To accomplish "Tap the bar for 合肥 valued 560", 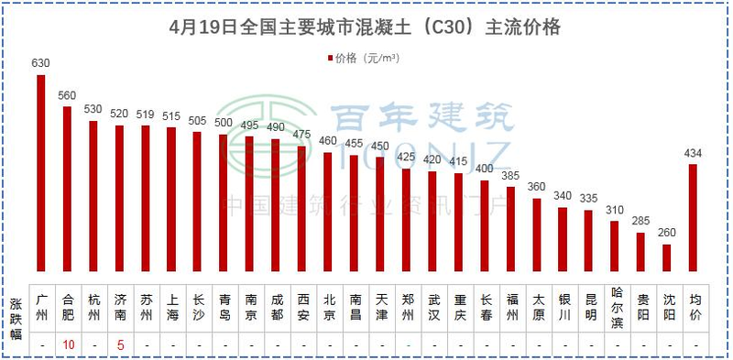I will click(x=67, y=188).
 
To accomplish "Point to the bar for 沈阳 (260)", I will click(x=667, y=256).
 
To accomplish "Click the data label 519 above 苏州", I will click(x=145, y=115).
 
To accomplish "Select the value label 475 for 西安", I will click(x=301, y=135).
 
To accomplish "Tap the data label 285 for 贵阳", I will click(x=640, y=221).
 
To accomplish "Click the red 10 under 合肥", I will click(x=68, y=345).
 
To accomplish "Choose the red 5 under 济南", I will click(x=119, y=345).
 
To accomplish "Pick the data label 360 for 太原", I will click(x=537, y=187).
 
